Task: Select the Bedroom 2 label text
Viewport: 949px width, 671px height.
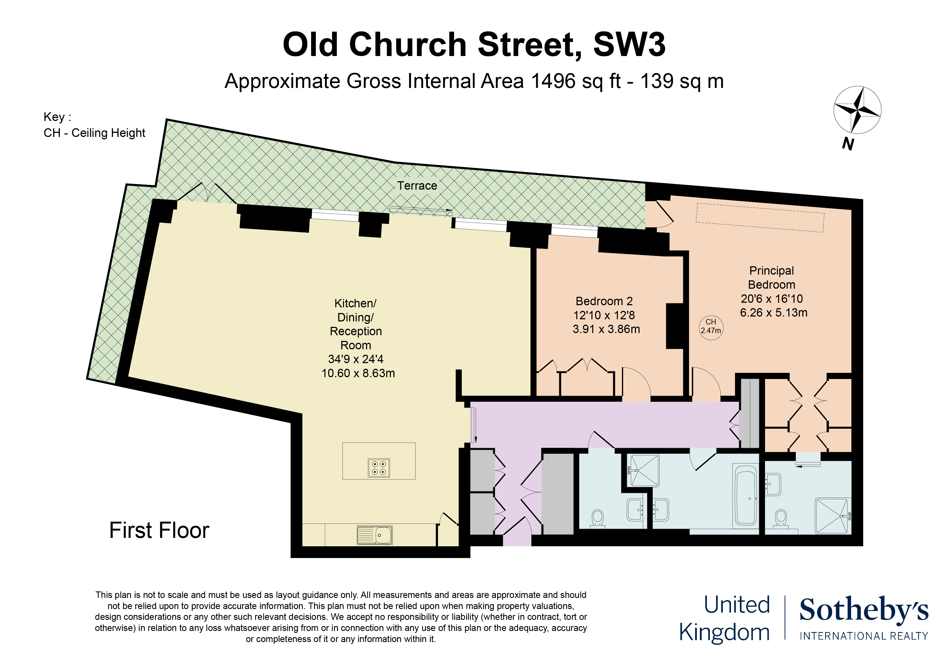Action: pyautogui.click(x=604, y=301)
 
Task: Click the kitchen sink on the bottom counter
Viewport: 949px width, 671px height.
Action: pyautogui.click(x=374, y=535)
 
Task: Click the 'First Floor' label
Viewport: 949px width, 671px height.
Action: pyautogui.click(x=159, y=530)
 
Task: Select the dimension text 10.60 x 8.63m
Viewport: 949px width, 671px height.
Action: pyautogui.click(x=358, y=373)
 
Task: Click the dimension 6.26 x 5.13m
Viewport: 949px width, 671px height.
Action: pyautogui.click(x=773, y=313)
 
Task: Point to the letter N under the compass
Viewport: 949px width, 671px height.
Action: pyautogui.click(x=848, y=144)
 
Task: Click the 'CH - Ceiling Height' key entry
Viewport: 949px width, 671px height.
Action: pyautogui.click(x=94, y=133)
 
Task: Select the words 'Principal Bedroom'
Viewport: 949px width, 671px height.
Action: pyautogui.click(x=771, y=277)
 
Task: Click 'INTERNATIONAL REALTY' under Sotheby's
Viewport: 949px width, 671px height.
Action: pyautogui.click(x=864, y=636)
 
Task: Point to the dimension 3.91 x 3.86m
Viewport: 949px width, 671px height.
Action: pyautogui.click(x=606, y=329)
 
